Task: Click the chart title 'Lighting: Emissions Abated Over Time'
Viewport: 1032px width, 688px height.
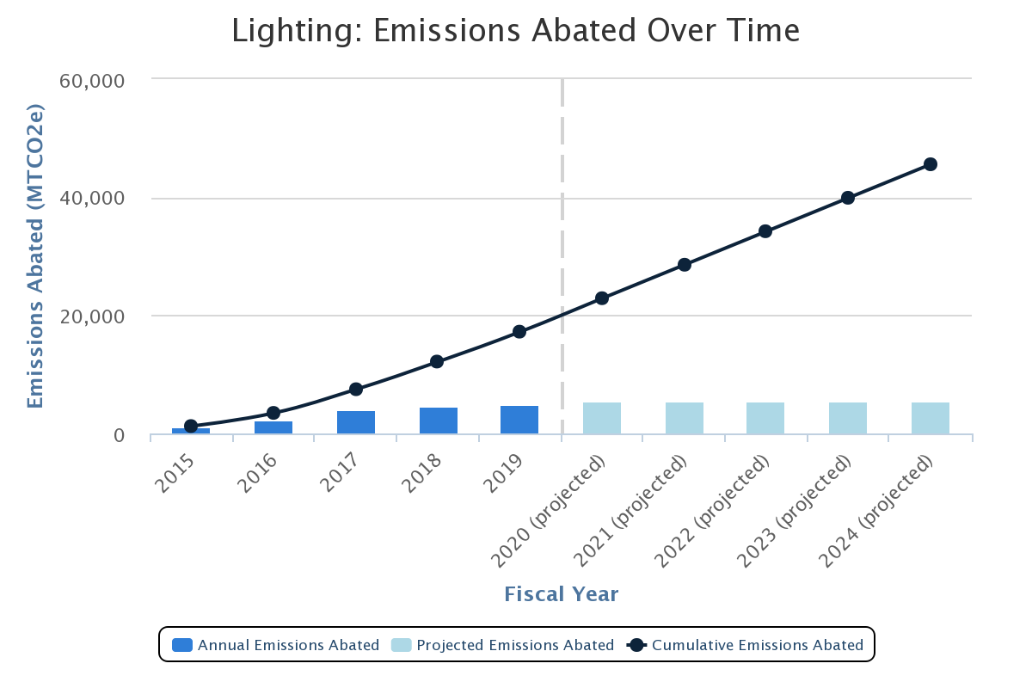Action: (x=516, y=31)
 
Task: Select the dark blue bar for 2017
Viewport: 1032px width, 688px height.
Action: (x=355, y=422)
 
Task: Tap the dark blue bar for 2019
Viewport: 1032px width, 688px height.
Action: (x=519, y=420)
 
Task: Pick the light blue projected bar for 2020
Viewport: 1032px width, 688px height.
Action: (x=602, y=418)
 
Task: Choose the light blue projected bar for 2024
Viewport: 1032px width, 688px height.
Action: (x=930, y=418)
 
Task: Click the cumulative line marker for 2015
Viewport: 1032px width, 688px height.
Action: (x=191, y=426)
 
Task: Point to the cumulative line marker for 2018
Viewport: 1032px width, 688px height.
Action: (x=437, y=361)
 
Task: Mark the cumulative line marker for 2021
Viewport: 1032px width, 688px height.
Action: (x=685, y=265)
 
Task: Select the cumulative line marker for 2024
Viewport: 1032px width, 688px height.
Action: (x=930, y=164)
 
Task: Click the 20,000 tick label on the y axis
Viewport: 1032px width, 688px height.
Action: (x=91, y=316)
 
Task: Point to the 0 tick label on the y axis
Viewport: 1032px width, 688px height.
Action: (x=119, y=436)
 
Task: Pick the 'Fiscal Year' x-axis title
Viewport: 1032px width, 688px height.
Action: (x=561, y=594)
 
